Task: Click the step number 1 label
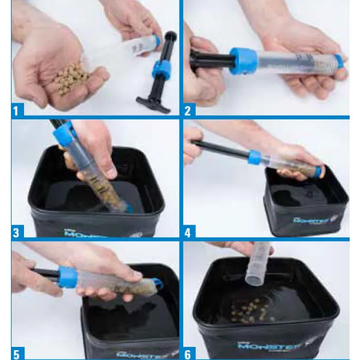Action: pyautogui.click(x=16, y=111)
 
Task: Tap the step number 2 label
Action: pyautogui.click(x=188, y=111)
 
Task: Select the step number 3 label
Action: pyautogui.click(x=16, y=232)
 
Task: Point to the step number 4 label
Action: pyautogui.click(x=188, y=232)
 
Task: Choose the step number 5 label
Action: pyautogui.click(x=16, y=353)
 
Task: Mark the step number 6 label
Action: pyautogui.click(x=188, y=353)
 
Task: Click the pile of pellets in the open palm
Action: pyautogui.click(x=69, y=80)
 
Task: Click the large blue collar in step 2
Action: pyautogui.click(x=240, y=61)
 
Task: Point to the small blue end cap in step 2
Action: pyautogui.click(x=339, y=61)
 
